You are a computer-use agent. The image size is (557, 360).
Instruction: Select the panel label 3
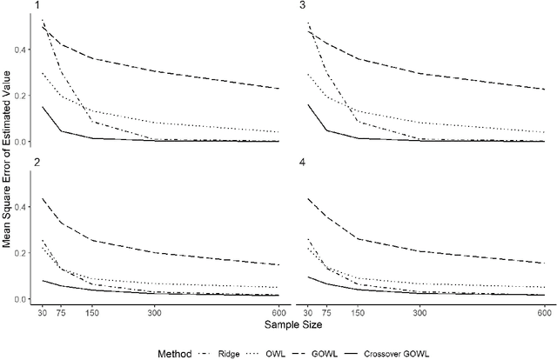[301, 6]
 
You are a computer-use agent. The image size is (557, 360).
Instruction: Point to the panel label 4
[301, 163]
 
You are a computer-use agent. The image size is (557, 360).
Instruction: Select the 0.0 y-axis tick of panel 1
[23, 141]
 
